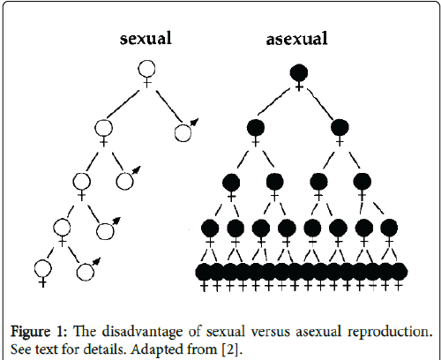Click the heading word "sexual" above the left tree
click(x=146, y=39)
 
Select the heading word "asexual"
click(x=296, y=39)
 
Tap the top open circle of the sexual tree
click(x=146, y=70)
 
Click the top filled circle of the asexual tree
click(x=299, y=72)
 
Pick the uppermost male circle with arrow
click(x=183, y=132)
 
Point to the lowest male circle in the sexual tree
click(x=86, y=272)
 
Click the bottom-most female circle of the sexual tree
click(x=42, y=269)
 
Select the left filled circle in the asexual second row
click(x=256, y=128)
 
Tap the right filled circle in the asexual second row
click(x=340, y=128)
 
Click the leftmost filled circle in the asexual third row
click(x=231, y=182)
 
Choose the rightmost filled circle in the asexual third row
click(x=362, y=182)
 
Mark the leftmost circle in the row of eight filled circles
click(x=210, y=228)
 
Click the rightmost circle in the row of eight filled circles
click(x=389, y=228)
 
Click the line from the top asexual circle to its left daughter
click(x=273, y=101)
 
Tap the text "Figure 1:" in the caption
click(x=39, y=332)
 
